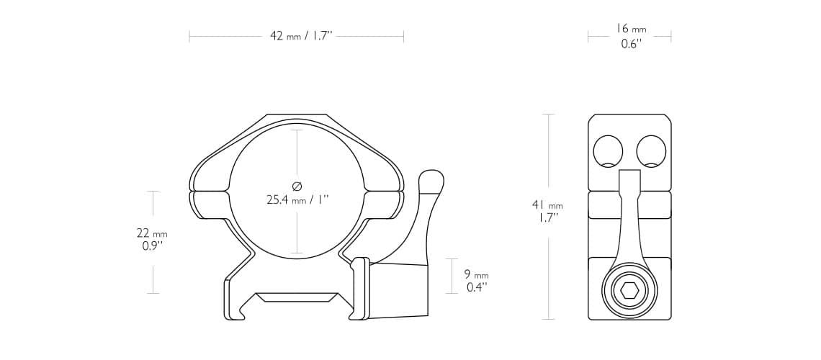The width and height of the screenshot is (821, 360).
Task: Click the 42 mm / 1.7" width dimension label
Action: tap(301, 36)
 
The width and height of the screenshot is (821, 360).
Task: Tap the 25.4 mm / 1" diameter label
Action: tap(297, 199)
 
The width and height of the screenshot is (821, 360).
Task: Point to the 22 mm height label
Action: tap(152, 233)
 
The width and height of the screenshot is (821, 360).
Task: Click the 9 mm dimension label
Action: tap(476, 275)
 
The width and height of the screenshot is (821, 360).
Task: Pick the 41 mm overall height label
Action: tap(547, 205)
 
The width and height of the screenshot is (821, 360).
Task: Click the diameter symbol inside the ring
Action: tap(297, 186)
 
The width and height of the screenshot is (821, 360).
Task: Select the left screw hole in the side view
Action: tap(608, 151)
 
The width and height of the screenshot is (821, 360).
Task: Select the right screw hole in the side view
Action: tap(651, 151)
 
